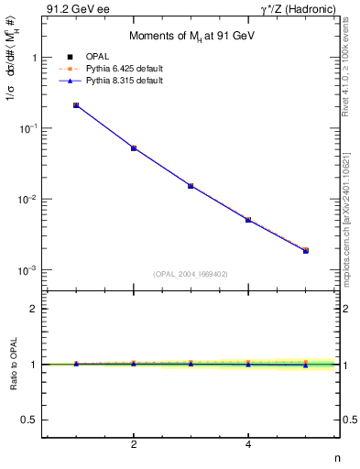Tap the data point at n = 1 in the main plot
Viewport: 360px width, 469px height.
point(76,105)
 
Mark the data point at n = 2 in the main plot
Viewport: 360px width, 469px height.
point(134,147)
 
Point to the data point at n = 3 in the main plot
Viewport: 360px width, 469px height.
point(191,186)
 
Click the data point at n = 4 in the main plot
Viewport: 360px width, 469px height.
point(248,220)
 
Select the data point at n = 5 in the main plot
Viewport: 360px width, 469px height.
point(306,250)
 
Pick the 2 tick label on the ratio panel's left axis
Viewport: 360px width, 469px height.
point(34,309)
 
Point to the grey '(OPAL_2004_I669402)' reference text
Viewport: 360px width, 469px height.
point(191,272)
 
